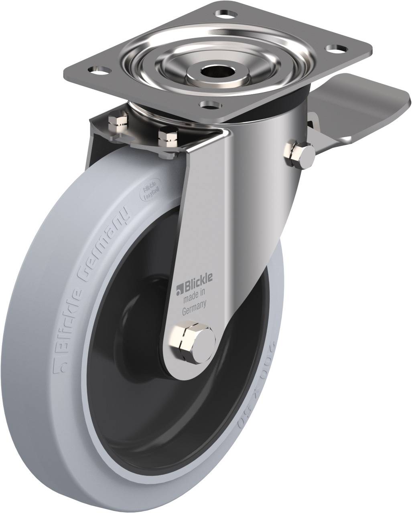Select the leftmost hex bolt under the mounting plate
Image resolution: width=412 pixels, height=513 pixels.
tap(119, 123)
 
